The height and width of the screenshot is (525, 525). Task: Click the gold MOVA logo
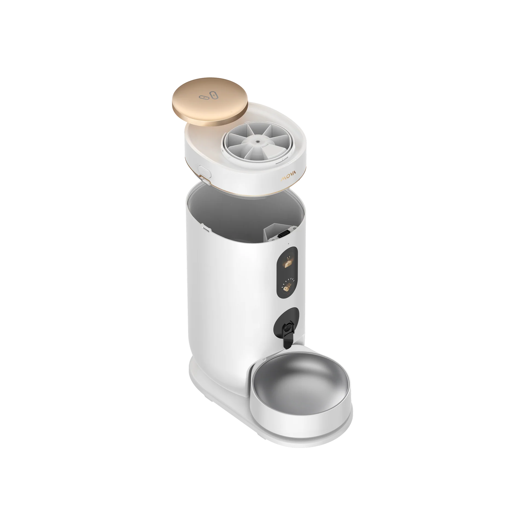pyautogui.click(x=290, y=179)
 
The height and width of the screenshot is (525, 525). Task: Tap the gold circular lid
pyautogui.click(x=210, y=108)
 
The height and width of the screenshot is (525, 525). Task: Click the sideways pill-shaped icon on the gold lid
pyautogui.click(x=204, y=97)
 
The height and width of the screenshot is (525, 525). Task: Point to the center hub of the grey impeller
pyautogui.click(x=257, y=142)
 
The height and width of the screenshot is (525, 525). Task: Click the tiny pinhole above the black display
pyautogui.click(x=288, y=243)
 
